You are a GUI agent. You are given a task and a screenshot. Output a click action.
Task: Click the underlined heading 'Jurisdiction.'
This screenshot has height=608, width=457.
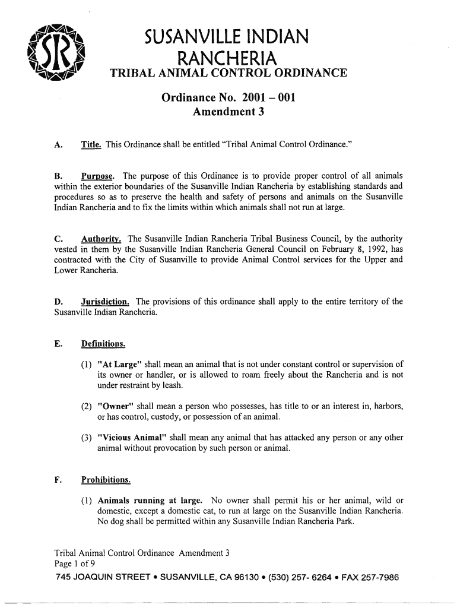[x=106, y=302]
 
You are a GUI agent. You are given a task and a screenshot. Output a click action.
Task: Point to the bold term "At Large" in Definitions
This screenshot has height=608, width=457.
[x=120, y=364]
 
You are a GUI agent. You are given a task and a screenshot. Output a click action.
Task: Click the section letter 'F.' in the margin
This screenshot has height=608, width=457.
[x=58, y=479]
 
